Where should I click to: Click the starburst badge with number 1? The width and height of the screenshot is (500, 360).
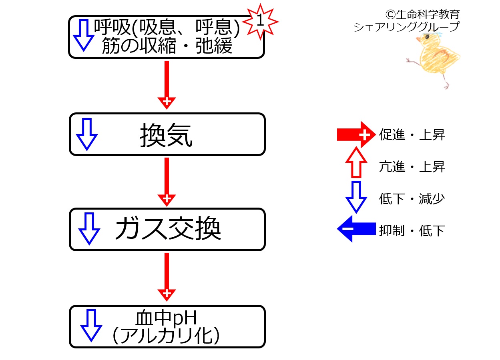[260, 22]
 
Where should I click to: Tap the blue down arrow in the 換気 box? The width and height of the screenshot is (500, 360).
[87, 134]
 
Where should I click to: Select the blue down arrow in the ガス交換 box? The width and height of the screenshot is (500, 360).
[89, 229]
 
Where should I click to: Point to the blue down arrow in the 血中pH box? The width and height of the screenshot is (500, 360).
[91, 326]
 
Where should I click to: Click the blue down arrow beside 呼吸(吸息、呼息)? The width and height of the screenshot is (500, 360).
[84, 36]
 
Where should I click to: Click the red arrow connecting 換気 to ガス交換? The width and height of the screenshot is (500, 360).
[167, 182]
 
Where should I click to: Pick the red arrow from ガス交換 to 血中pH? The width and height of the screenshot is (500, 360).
[167, 277]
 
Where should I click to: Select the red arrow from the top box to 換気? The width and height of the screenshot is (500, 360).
[167, 85]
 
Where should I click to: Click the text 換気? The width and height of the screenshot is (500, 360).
[166, 135]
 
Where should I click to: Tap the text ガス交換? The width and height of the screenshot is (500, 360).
[168, 228]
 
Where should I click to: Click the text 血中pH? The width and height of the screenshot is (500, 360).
[166, 318]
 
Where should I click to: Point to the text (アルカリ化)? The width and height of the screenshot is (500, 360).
[166, 336]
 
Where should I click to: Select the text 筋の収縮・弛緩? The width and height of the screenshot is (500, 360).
[167, 46]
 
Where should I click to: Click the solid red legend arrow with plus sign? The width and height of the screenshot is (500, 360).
[356, 134]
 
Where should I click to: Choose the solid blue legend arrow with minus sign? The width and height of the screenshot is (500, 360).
[356, 229]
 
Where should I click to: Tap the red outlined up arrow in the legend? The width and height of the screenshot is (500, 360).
[356, 162]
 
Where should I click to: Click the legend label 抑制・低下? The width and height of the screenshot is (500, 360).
[412, 231]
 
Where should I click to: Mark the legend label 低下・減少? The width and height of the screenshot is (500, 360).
[412, 199]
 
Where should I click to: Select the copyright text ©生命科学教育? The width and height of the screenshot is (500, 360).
[423, 14]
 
